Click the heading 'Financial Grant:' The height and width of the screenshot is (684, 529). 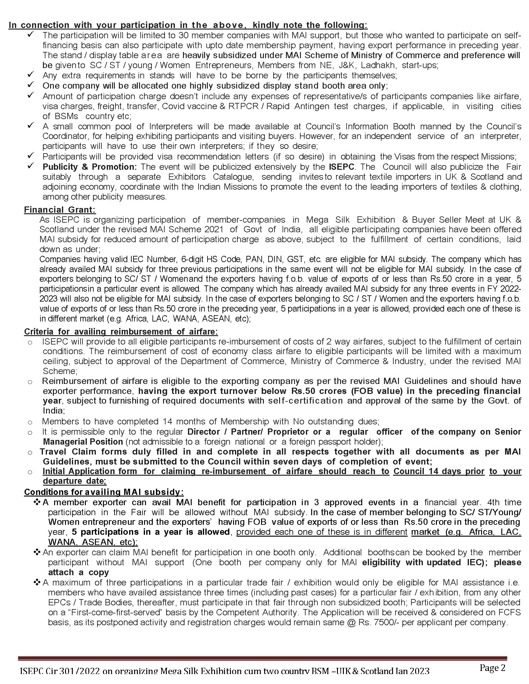click(60, 210)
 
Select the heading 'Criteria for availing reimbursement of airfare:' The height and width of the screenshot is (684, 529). click(121, 331)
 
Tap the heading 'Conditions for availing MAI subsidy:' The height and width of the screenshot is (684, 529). click(104, 492)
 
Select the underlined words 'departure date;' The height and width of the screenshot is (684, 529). click(75, 481)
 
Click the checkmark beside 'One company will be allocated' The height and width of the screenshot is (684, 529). click(30, 85)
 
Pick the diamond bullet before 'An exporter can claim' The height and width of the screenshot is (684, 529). click(37, 552)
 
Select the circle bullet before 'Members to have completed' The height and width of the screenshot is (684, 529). click(30, 423)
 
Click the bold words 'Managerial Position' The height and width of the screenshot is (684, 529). click(83, 441)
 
